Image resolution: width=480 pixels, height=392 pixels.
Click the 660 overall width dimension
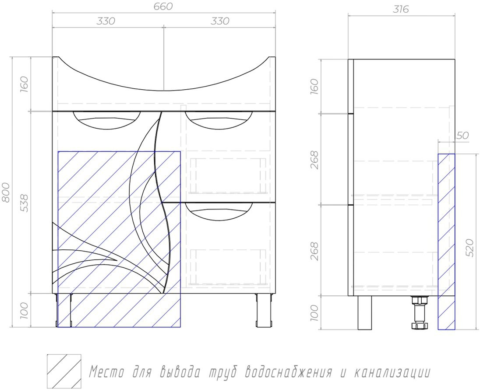point(163,6)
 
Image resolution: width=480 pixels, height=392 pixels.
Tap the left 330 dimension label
point(106,21)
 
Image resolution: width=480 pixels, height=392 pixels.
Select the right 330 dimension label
point(220,21)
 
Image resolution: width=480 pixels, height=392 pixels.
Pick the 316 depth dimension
point(401,10)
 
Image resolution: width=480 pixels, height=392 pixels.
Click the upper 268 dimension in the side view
point(314,160)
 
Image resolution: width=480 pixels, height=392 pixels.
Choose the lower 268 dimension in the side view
point(314,251)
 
